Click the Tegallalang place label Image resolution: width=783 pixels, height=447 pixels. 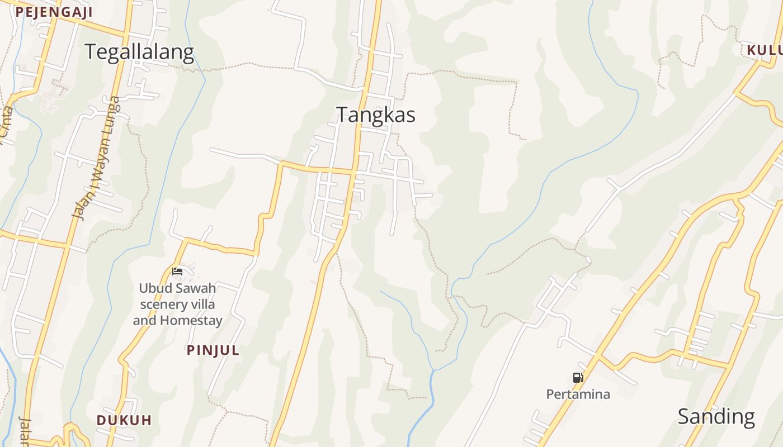coord(139,52)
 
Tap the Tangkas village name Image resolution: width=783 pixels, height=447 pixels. coord(376,115)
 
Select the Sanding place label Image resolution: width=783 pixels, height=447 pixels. coord(716,417)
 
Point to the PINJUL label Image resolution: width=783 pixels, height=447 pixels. coord(213,350)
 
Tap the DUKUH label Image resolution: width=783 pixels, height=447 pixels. coord(124,420)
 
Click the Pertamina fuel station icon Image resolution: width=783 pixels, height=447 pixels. coord(578,378)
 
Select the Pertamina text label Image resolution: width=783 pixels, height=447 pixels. coord(578,394)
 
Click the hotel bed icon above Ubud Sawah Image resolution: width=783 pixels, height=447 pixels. coord(177,272)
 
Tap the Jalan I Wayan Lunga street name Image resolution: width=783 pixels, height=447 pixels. coord(96,158)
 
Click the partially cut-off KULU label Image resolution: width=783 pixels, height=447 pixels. coord(764,50)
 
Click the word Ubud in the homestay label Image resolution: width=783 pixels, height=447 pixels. coord(153,288)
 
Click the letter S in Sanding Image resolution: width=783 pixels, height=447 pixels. coord(684,417)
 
